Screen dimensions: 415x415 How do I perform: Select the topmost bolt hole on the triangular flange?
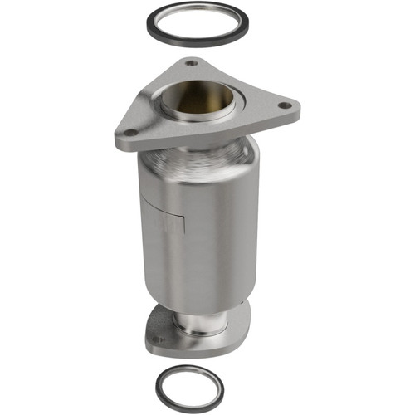[x=191, y=63]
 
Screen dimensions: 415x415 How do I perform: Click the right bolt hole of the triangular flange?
[x=285, y=106]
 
